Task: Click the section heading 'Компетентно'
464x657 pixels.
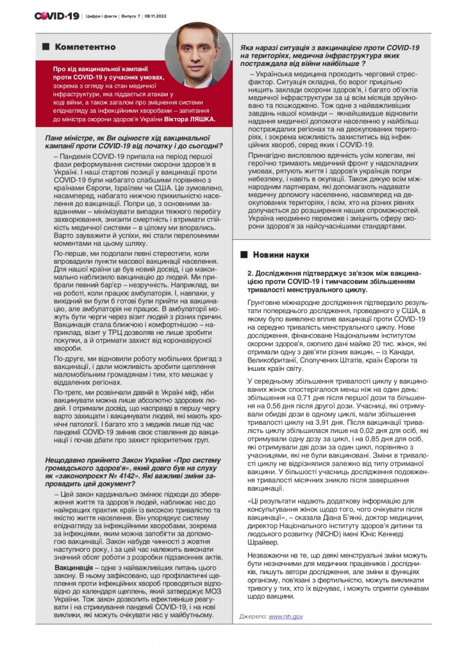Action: (x=85, y=47)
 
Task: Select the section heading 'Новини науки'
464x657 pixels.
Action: (x=281, y=255)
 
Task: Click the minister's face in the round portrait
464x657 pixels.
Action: (x=197, y=51)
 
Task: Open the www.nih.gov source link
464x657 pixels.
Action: (x=286, y=616)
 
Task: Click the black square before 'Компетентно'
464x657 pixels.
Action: (x=46, y=47)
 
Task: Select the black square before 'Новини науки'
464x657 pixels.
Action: (x=244, y=255)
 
